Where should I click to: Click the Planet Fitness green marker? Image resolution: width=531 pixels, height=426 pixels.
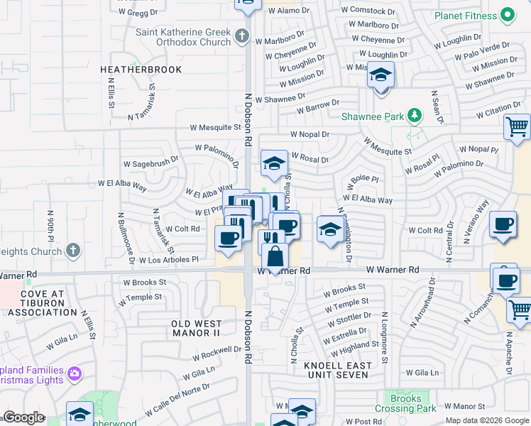click(507, 14)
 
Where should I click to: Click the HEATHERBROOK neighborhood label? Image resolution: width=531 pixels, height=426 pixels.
click(141, 70)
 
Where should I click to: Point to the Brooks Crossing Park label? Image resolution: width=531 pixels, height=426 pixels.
click(405, 403)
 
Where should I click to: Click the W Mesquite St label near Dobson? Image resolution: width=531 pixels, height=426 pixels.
click(215, 128)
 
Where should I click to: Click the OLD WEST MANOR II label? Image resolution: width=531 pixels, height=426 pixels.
click(201, 328)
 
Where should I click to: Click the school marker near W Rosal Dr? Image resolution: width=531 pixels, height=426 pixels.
click(274, 163)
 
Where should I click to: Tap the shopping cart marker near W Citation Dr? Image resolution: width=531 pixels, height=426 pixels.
click(517, 127)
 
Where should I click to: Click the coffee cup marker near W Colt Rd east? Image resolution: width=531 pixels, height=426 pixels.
click(503, 225)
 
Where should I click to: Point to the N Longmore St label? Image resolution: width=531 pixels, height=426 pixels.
click(384, 337)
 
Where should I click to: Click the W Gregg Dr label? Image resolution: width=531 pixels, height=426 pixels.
click(138, 13)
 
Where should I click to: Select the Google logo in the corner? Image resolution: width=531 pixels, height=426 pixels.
click(24, 417)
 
